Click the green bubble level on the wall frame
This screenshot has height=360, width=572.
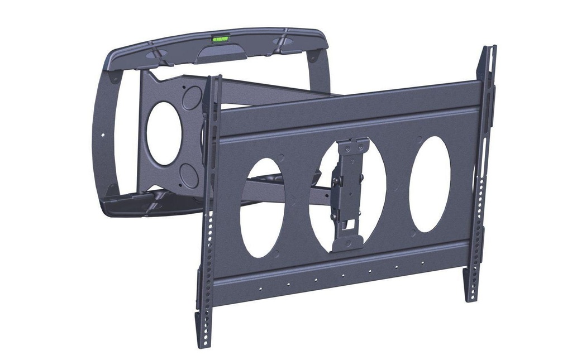coord(220,40)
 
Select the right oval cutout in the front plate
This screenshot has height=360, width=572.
coord(430,184)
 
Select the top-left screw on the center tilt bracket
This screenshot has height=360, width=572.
coord(347,149)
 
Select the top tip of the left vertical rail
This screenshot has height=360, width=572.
coord(213,80)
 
